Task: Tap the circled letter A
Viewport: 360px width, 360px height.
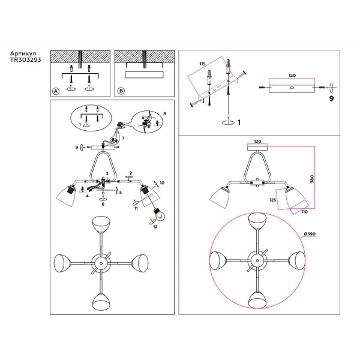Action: [x=56, y=91]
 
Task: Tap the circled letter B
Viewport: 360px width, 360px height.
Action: [x=121, y=91]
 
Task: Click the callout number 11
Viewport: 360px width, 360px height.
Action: [x=136, y=208]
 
